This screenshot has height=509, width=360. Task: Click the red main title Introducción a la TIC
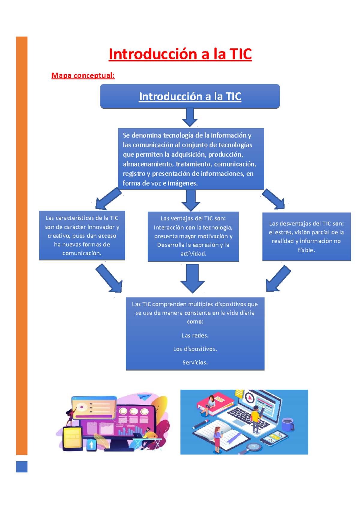pos(180,54)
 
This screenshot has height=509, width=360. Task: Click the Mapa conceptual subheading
pos(83,75)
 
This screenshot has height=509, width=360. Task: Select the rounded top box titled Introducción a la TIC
pos(190,96)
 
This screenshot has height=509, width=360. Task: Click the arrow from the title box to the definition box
pos(190,117)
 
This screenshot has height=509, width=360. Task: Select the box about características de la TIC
pos(82,235)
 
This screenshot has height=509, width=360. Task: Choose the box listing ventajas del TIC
pos(193,236)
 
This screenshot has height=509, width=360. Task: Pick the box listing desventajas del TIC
pos(306,237)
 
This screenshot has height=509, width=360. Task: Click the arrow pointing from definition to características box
pos(108,199)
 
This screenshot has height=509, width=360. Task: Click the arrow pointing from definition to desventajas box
pos(274,199)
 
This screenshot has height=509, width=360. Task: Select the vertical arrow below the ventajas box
pos(192,278)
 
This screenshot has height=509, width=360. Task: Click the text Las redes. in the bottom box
pos(195,335)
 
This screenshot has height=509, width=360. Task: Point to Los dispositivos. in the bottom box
pos(195,349)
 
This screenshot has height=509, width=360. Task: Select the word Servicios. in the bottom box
pos(195,362)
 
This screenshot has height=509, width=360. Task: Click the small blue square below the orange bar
pos(22,467)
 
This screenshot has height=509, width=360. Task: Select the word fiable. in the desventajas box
pos(306,250)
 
